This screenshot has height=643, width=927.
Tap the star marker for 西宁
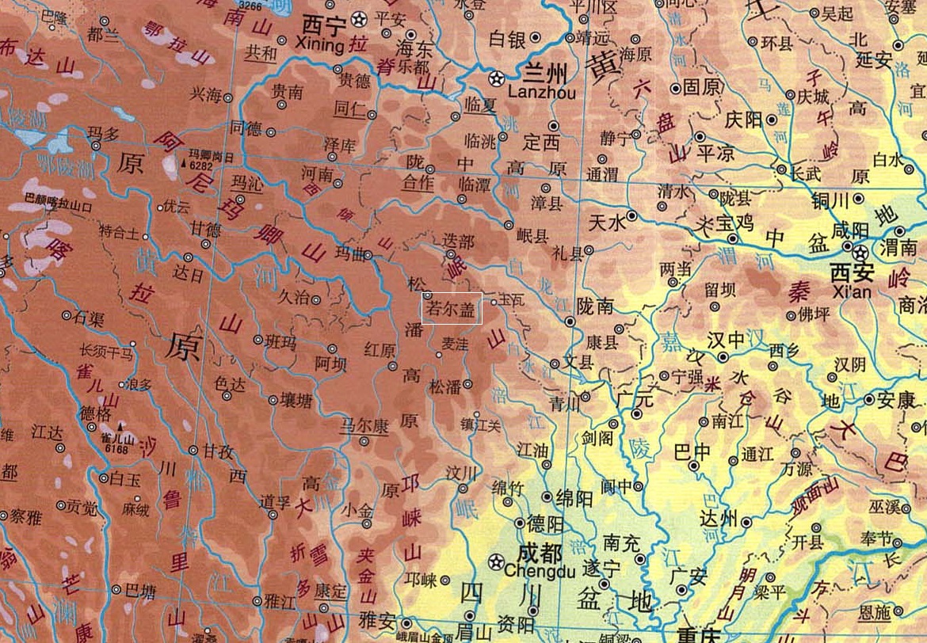coord(359,17)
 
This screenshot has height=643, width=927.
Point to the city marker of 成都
coord(496,561)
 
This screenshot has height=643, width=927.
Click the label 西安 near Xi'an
coord(853,272)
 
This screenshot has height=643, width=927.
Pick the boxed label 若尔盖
coord(452,308)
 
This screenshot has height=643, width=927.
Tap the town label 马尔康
coord(364,425)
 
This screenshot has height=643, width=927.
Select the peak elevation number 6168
coord(115,449)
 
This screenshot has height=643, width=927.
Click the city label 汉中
coord(727,340)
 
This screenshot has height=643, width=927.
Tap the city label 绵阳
coord(574,497)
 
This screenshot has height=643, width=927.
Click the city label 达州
coord(719,519)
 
